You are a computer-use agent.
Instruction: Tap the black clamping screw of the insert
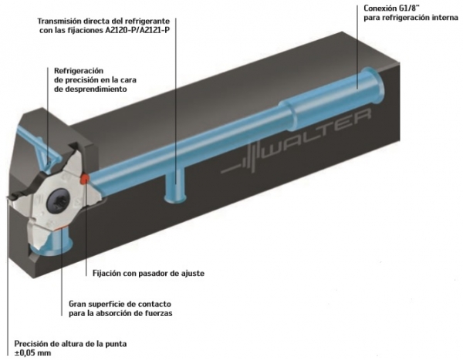pos(59,202)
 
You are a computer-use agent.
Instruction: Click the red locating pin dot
pos(84,178)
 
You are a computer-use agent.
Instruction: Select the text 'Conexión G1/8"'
pos(387,8)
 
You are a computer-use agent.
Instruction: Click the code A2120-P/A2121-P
pos(137,30)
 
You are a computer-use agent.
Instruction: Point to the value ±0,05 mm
pos(32,352)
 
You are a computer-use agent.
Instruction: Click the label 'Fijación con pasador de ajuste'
pos(148,273)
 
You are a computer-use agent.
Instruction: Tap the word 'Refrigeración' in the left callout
pos(79,71)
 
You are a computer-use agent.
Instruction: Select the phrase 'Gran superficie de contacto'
pos(120,304)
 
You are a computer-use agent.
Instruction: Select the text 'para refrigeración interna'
pos(411,18)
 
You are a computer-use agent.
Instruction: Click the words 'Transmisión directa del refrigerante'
pos(103,22)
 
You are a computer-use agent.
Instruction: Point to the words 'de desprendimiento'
pos(90,89)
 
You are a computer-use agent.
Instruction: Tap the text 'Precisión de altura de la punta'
pos(70,344)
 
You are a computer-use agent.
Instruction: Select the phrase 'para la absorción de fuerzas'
pos(120,313)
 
